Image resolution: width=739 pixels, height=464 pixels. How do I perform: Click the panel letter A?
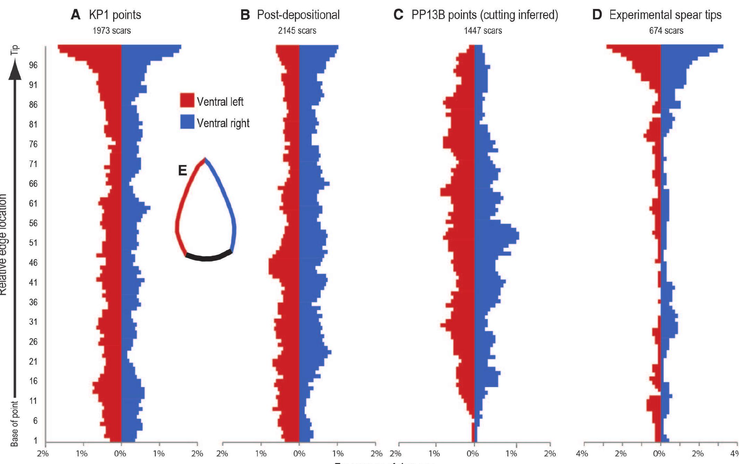point(75,15)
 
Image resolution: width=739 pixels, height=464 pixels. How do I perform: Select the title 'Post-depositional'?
point(298,15)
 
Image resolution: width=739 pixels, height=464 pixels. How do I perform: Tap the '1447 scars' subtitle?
point(483,31)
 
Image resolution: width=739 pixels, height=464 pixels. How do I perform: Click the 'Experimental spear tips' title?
point(665,15)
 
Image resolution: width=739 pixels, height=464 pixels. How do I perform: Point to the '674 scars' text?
point(666,31)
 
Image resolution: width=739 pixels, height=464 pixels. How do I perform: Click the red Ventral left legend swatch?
point(187,100)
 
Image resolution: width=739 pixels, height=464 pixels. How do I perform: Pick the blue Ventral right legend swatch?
point(187,122)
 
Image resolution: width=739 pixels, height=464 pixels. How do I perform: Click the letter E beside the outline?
point(182,170)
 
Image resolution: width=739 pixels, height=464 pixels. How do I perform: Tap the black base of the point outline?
point(208,257)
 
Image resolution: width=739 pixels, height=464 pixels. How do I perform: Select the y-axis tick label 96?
point(33,65)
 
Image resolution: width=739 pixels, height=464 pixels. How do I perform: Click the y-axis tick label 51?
point(33,243)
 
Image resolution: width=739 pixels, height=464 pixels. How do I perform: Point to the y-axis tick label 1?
point(35,440)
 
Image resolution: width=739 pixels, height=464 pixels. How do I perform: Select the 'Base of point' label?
point(14,423)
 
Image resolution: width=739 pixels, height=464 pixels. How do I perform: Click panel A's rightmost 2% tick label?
point(197,453)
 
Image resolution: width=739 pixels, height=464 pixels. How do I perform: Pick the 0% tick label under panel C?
point(473,453)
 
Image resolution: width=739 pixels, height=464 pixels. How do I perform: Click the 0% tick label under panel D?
point(659,453)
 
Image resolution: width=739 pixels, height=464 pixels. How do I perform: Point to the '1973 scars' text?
point(111,31)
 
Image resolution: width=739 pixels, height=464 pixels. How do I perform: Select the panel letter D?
point(597,15)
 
